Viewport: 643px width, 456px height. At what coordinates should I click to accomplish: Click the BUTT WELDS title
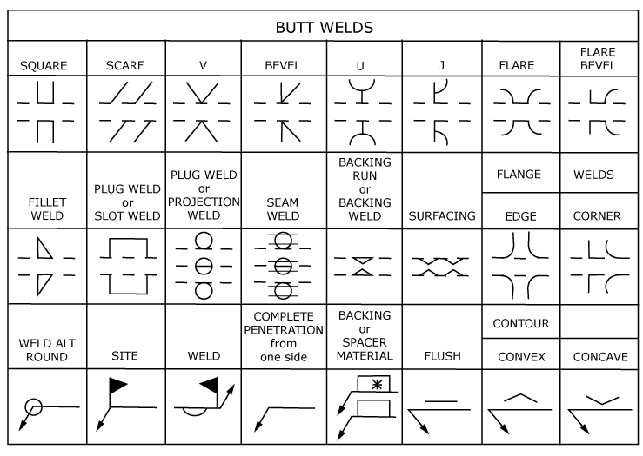coord(325,27)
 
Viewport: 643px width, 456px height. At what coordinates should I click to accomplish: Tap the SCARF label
coord(124,65)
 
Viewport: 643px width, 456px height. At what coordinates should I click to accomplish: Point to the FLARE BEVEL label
coord(597,58)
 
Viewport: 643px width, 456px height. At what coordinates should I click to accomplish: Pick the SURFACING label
coord(442,215)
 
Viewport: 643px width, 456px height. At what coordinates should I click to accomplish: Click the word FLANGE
coord(519,175)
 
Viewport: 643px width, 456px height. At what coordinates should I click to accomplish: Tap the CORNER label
coord(597,215)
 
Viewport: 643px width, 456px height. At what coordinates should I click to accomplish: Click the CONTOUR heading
coord(520,324)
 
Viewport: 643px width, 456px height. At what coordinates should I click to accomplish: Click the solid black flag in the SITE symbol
coord(117,383)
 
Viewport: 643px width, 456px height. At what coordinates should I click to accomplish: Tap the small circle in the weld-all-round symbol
coord(33,406)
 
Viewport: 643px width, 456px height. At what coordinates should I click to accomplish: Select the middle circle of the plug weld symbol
coord(204,266)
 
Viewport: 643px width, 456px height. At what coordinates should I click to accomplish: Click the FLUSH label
coord(442,356)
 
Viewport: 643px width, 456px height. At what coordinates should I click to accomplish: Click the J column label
coord(442,65)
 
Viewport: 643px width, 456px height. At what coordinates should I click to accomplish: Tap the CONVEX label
coord(520,356)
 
